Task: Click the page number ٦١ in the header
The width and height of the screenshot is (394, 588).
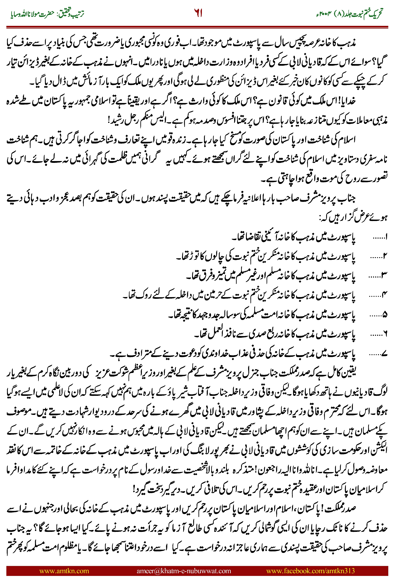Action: click(x=198, y=13)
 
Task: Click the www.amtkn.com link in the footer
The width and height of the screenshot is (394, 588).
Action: click(x=64, y=571)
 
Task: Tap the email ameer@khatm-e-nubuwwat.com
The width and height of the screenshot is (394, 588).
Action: click(x=184, y=571)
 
